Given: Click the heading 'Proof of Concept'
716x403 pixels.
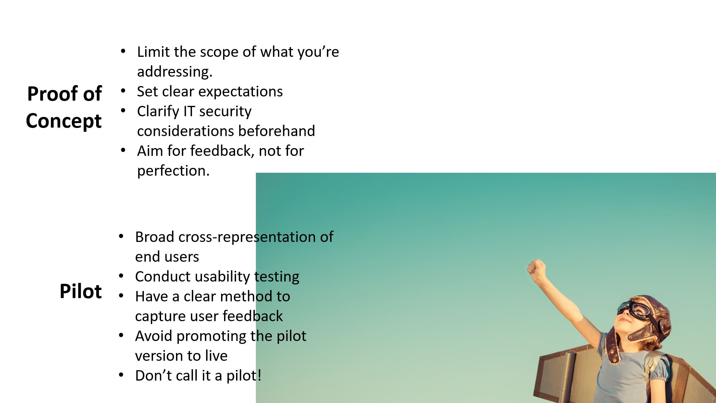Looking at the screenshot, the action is (64, 107).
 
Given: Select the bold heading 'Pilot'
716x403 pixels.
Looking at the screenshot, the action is (81, 291).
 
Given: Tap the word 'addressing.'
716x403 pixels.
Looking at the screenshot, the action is (175, 71).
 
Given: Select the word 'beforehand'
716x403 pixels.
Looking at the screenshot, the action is (276, 131).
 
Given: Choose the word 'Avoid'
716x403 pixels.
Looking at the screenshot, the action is (154, 336).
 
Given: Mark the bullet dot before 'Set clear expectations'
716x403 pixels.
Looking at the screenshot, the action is (123, 92).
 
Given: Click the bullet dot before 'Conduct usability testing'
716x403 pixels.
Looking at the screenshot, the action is (121, 276).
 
